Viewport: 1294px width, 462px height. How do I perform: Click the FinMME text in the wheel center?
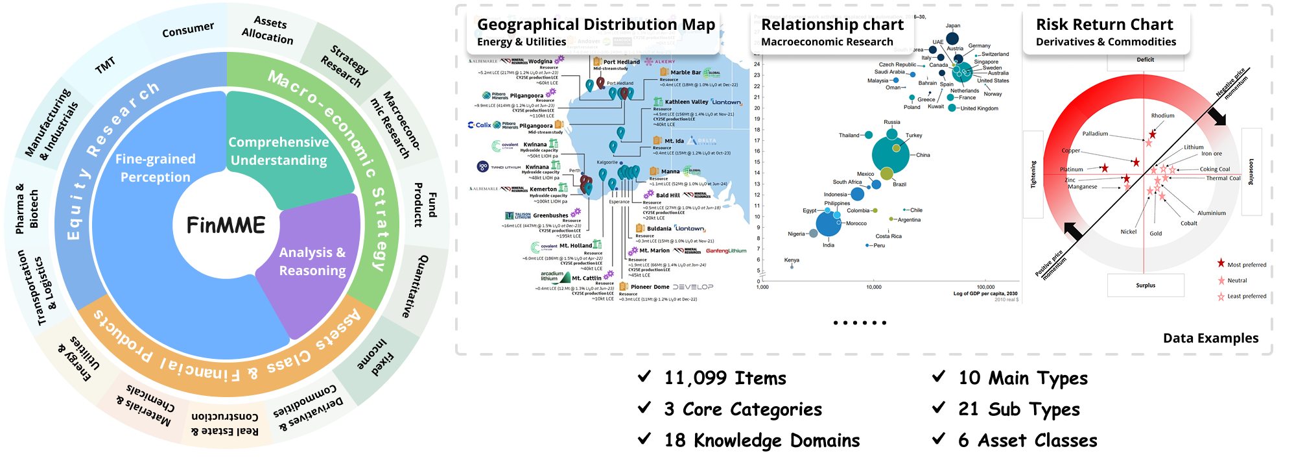tap(226, 225)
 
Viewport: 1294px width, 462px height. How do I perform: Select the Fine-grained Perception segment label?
tap(156, 168)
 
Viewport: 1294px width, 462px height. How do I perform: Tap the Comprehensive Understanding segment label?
tap(279, 151)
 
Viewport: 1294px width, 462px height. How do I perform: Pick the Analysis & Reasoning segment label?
tap(312, 261)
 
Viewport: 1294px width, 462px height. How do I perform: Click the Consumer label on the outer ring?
tap(188, 29)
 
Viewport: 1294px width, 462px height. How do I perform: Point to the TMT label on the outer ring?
tap(105, 65)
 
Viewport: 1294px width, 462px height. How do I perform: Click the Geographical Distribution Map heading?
tap(596, 25)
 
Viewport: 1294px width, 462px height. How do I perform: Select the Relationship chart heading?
tap(832, 25)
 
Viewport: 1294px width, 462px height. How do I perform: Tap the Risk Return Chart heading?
tap(1104, 25)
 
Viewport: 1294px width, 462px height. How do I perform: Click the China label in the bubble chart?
tap(923, 155)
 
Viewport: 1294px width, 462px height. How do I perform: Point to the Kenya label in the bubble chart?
tap(792, 260)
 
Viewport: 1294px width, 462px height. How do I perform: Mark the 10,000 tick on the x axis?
tap(873, 287)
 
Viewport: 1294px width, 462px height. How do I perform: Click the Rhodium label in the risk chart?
tap(1162, 115)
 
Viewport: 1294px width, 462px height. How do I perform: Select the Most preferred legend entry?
tap(1246, 265)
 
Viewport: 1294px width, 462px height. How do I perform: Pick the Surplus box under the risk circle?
tap(1146, 286)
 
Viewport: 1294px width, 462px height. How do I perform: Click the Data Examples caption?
tap(1210, 338)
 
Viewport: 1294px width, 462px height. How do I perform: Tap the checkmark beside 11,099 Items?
tap(644, 376)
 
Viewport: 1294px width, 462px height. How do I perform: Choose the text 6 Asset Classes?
tap(1028, 441)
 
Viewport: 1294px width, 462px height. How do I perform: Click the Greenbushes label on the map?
tap(550, 215)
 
